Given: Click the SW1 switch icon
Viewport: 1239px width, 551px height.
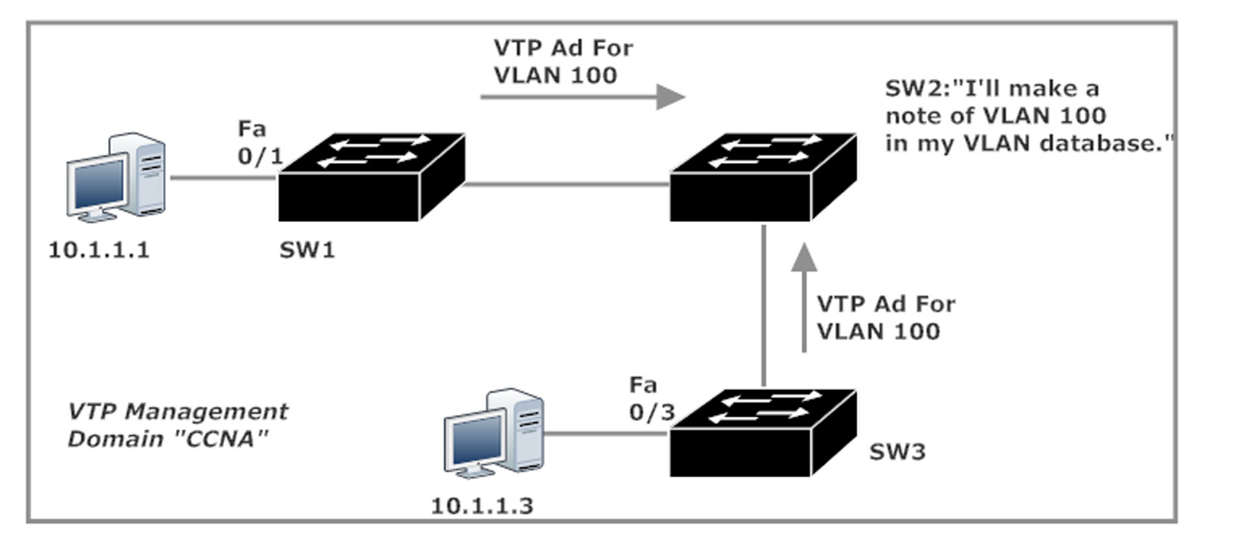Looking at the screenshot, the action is point(372,177).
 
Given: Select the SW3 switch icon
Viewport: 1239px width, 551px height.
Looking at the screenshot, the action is point(763,433).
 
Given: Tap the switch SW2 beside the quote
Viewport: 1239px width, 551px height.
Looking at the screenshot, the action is point(763,177).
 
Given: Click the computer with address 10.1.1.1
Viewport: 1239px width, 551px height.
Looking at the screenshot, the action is point(117,177).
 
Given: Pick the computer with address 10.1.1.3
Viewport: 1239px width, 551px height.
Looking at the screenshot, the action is point(494,433).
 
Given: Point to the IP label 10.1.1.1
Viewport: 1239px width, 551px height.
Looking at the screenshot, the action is point(99,250).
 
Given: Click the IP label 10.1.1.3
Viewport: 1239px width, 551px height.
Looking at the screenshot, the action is point(482,506).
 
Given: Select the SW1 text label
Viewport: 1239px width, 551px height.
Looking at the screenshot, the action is point(307,250).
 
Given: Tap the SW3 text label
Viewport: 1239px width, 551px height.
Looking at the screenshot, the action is point(897,452).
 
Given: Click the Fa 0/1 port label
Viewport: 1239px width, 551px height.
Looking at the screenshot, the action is point(260,142).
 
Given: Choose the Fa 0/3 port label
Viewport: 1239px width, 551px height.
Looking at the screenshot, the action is point(652,398).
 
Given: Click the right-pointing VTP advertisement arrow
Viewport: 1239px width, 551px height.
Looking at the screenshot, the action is point(583,97).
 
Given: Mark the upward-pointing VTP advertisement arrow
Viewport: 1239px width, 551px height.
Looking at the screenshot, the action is point(804,297).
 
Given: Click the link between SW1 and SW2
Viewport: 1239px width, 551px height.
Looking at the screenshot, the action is point(567,184).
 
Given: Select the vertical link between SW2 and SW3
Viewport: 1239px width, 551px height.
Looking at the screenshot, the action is point(764,305).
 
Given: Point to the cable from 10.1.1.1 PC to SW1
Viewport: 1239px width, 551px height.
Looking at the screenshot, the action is point(224,177).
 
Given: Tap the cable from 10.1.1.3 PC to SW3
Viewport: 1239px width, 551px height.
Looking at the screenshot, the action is point(607,433).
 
